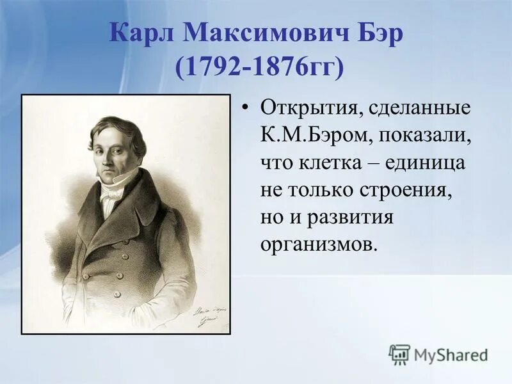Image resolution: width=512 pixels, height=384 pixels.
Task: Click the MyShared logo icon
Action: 399,353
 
